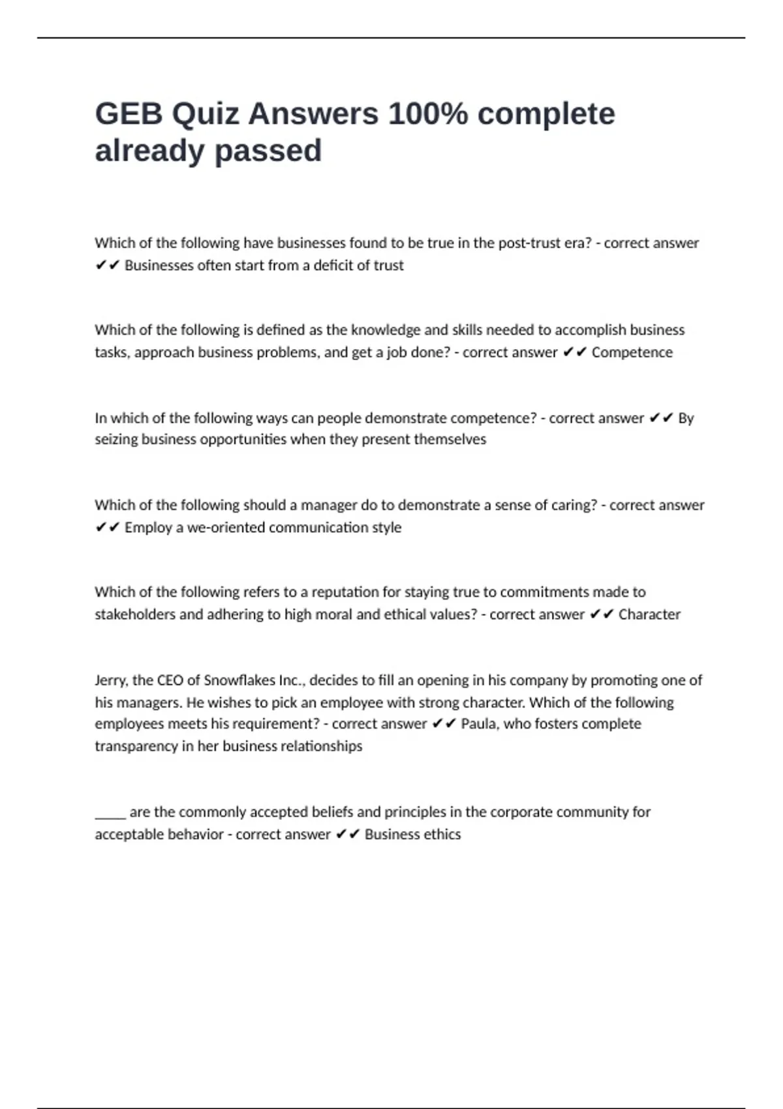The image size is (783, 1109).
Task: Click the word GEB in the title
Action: point(129,114)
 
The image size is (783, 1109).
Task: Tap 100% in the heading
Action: point(427,114)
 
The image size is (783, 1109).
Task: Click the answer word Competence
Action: point(632,352)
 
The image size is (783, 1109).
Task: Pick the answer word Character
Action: point(649,615)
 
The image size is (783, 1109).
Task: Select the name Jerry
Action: point(110,680)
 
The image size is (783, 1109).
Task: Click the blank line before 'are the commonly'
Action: point(110,814)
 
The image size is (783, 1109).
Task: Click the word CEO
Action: point(169,680)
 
